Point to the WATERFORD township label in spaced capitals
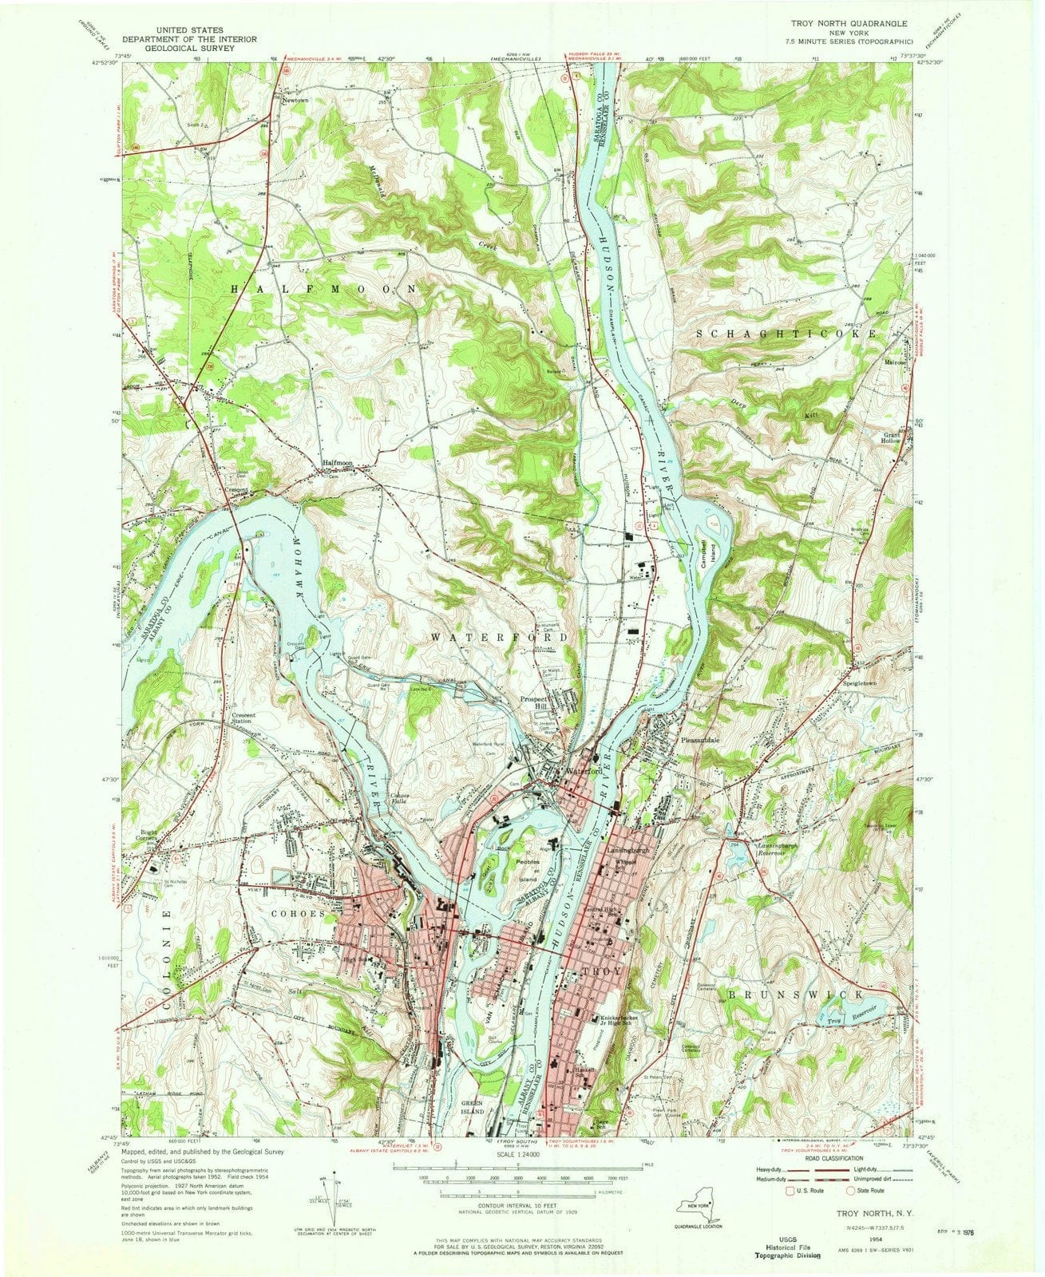[x=500, y=638]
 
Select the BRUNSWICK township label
[x=794, y=995]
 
